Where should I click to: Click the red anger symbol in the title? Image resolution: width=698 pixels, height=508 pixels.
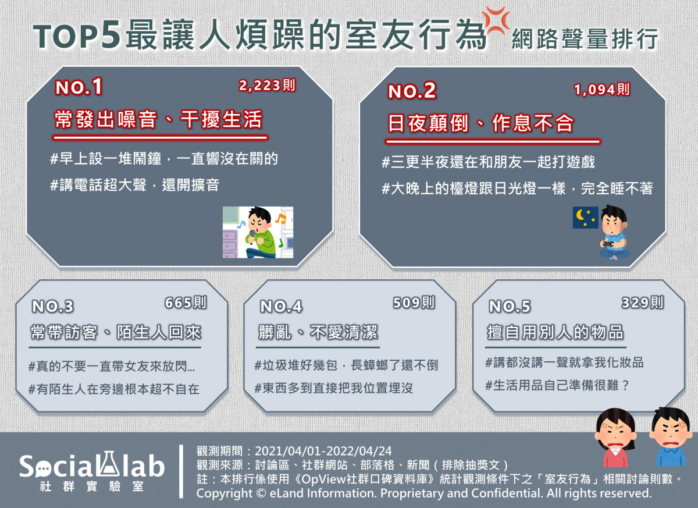(496, 21)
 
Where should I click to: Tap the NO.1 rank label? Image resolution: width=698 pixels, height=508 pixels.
(79, 87)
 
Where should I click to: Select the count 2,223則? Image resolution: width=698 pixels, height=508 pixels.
(267, 85)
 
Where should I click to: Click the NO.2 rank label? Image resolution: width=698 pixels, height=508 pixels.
(412, 91)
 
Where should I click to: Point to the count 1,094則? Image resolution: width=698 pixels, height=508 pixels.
(601, 90)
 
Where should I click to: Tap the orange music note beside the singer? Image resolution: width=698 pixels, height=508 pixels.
(280, 218)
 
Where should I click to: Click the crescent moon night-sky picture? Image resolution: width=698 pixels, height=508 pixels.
(585, 218)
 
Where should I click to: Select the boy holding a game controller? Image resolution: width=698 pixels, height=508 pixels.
(614, 233)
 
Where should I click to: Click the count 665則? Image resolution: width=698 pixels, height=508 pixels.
(186, 303)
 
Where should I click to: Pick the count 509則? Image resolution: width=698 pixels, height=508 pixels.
(414, 303)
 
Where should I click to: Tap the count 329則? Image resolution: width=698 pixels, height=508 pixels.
(643, 303)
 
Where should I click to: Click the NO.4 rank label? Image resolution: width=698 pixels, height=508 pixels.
(281, 306)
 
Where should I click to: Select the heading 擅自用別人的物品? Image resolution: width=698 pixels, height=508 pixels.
(555, 332)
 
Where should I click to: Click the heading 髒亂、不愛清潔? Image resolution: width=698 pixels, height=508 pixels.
(318, 332)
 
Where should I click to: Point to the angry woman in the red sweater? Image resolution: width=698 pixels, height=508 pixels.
(615, 438)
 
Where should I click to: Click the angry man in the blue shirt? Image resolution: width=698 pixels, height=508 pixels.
(671, 436)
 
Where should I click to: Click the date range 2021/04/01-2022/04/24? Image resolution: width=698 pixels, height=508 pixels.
(323, 451)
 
